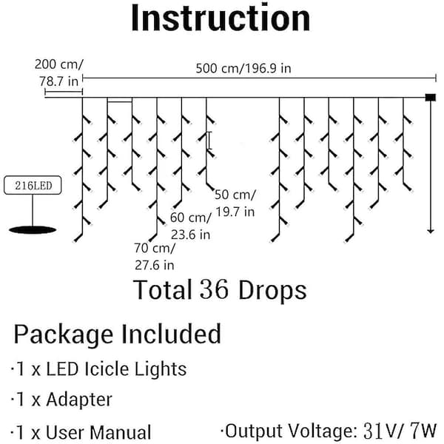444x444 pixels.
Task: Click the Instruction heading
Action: (x=221, y=18)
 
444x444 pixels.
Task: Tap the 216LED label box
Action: (x=33, y=185)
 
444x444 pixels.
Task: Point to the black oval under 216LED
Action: (x=33, y=230)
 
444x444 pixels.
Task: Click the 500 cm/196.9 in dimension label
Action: (x=243, y=69)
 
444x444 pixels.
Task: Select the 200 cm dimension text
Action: (x=59, y=64)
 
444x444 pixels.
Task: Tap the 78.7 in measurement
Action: (x=58, y=81)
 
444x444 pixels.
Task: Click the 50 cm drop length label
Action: (x=235, y=195)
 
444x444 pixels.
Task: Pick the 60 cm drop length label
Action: (x=191, y=218)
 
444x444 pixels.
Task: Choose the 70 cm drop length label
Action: (x=155, y=248)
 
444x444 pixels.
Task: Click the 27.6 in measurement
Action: (x=155, y=266)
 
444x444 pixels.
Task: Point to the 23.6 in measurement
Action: (x=190, y=235)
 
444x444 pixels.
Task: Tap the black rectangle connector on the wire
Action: (x=431, y=98)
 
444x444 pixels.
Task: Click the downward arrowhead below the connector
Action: (x=431, y=231)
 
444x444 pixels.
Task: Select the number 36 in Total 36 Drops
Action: (x=214, y=289)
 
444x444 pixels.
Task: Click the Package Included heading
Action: (x=117, y=334)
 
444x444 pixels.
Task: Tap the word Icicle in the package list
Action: (x=107, y=369)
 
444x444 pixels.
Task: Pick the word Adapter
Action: (x=79, y=400)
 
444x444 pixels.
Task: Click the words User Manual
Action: (x=98, y=432)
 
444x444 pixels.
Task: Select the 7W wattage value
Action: (x=424, y=431)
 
